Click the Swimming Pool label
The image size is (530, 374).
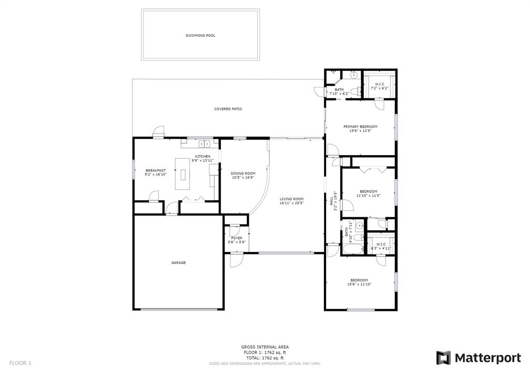tap(200, 36)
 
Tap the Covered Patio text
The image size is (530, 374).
tap(228, 109)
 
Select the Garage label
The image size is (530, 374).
tap(179, 263)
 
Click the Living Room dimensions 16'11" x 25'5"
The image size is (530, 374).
tap(292, 203)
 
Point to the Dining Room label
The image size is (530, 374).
tap(243, 173)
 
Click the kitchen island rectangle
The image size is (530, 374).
tap(183, 174)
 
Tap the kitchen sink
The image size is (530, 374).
tap(204, 144)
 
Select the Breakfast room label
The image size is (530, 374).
tap(156, 171)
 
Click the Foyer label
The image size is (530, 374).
tap(237, 238)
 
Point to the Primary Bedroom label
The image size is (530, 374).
tap(360, 127)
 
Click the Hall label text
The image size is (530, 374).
tap(332, 201)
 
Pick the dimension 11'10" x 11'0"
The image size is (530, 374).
tap(369, 196)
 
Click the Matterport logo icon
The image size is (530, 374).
tap(444, 358)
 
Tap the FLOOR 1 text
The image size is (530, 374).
tap(20, 363)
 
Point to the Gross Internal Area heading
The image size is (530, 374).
tap(264, 347)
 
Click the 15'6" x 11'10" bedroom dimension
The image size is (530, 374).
tap(359, 285)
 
